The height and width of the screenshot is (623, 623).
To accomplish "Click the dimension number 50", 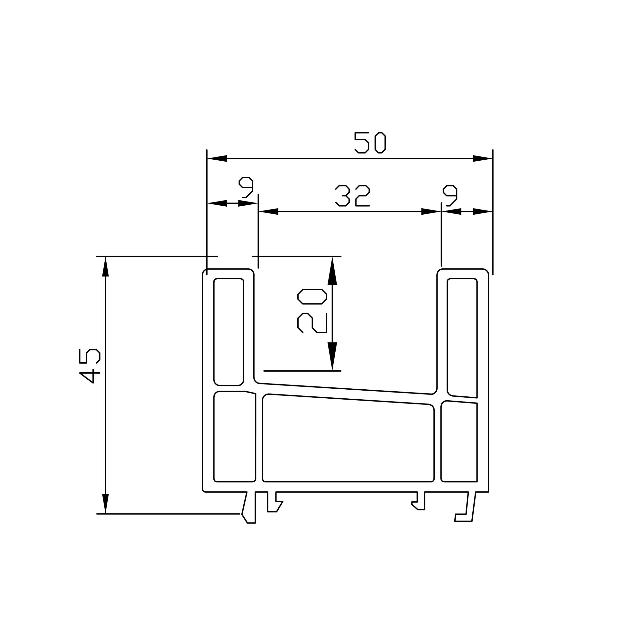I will [x=370, y=143].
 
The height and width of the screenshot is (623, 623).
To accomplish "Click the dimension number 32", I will [x=352, y=196].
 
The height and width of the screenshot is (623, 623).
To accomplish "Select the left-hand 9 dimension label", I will [x=246, y=187].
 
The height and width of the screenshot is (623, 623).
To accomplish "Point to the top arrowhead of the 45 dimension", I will [x=105, y=267].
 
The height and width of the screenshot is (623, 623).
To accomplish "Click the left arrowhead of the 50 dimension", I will [x=217, y=158].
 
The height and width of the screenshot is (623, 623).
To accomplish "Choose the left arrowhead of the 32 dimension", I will [x=269, y=211].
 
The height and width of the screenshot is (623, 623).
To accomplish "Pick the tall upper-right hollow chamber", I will [x=462, y=335].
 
